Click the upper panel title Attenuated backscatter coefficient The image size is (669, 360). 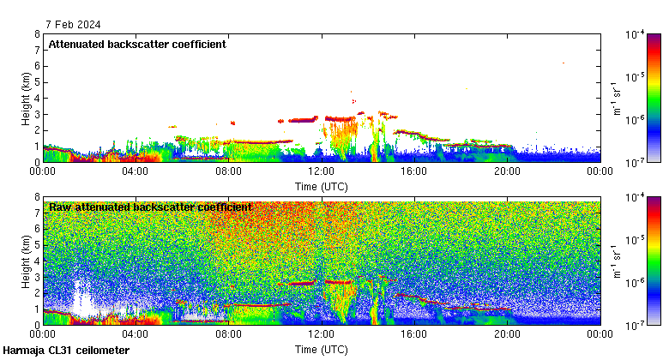coord(137,44)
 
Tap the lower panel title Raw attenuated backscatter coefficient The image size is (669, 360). coord(150,207)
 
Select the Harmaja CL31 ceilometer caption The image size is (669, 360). coord(66,351)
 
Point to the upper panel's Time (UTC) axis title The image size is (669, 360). coord(321,185)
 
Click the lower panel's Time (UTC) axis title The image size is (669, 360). coord(321,349)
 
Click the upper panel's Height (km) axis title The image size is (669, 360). coord(27,98)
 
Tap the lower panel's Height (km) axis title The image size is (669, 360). coord(27,261)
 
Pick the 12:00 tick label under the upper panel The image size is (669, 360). coord(321,171)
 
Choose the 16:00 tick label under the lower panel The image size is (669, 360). coord(413,335)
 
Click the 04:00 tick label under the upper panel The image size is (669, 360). coord(136,171)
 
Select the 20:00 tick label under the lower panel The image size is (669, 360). coord(506,335)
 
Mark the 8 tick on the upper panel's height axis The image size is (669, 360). coord(36,34)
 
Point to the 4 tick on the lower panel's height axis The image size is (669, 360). coord(36,261)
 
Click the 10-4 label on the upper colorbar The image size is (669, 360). coord(636,35)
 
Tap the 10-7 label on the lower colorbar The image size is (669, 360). coord(636,326)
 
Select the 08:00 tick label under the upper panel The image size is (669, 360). coord(228,171)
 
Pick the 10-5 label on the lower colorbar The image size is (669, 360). coord(636,241)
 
